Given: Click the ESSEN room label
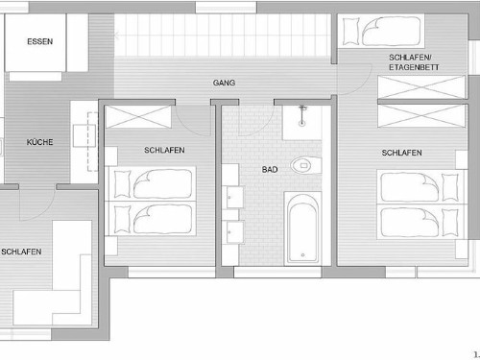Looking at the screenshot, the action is pyautogui.click(x=40, y=41).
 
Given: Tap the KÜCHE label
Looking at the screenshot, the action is pyautogui.click(x=40, y=142).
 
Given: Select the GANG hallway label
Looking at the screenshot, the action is pyautogui.click(x=224, y=83).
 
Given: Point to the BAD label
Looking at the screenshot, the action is pyautogui.click(x=270, y=170).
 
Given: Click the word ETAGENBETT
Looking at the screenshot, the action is pyautogui.click(x=414, y=67).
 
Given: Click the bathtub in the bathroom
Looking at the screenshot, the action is pyautogui.click(x=302, y=228).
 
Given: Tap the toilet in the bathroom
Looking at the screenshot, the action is pyautogui.click(x=305, y=165).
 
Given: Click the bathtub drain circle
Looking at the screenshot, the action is pyautogui.click(x=302, y=255).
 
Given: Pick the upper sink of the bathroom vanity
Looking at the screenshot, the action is pyautogui.click(x=234, y=198).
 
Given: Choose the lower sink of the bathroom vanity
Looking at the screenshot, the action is pyautogui.click(x=235, y=232).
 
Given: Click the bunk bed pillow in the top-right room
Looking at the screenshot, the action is pyautogui.click(x=351, y=31).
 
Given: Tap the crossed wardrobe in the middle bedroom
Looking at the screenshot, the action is pyautogui.click(x=138, y=117).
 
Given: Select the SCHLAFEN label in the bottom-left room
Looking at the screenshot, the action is pyautogui.click(x=21, y=252).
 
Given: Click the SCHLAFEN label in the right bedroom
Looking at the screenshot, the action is pyautogui.click(x=401, y=153).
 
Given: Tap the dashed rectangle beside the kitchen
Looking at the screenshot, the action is pyautogui.click(x=92, y=142).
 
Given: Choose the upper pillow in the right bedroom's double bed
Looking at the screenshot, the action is pyautogui.click(x=450, y=187).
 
